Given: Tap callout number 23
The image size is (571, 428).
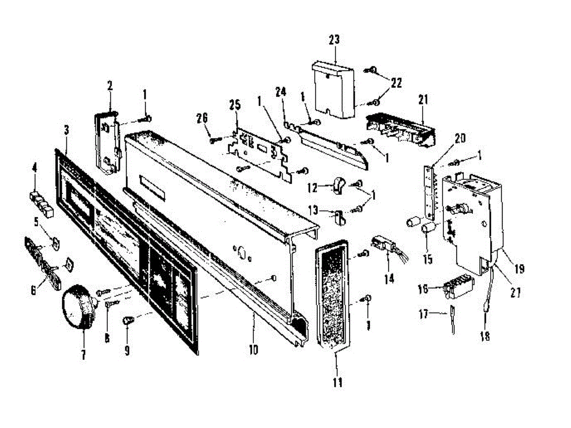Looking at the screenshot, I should (x=334, y=40).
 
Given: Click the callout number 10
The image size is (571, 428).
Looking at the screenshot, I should (x=253, y=350).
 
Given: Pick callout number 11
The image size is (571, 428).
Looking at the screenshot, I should (x=337, y=381).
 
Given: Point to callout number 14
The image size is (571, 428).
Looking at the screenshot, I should (x=389, y=279).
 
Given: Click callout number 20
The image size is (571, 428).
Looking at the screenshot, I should (x=460, y=139).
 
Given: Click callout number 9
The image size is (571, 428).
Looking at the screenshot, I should (x=127, y=351).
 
